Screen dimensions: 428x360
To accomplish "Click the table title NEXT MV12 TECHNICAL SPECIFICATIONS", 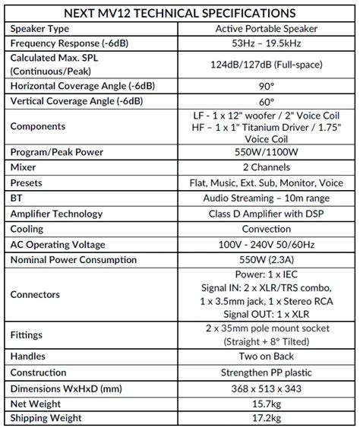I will (180, 13).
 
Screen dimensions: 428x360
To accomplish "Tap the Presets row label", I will (31, 182).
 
